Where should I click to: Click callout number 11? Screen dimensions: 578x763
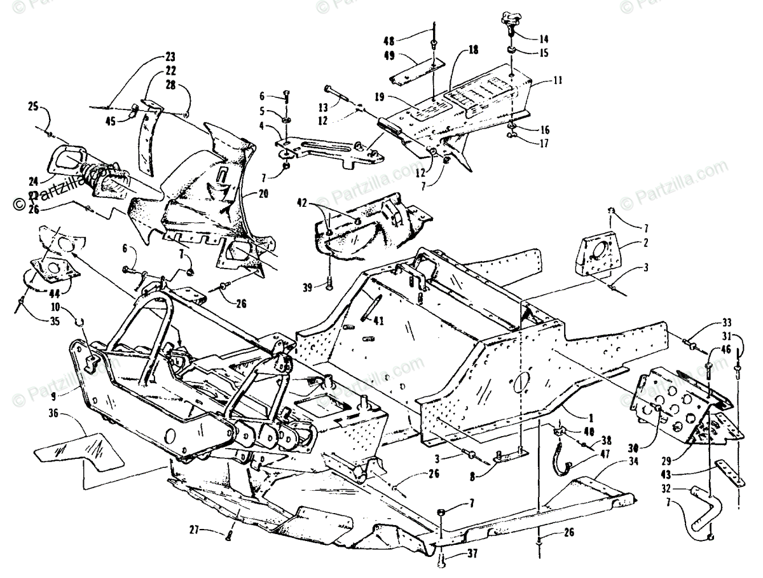(x=540, y=82)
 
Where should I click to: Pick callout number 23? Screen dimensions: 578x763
(x=153, y=56)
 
